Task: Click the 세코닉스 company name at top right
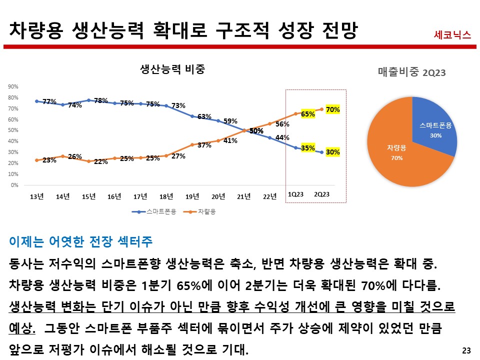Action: [x=452, y=35]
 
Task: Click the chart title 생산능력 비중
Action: [x=172, y=69]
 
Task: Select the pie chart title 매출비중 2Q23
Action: [x=411, y=72]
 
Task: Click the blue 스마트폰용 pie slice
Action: [x=432, y=125]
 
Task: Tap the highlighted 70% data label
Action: [x=333, y=109]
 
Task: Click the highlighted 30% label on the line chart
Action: [x=333, y=152]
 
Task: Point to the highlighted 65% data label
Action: [x=308, y=114]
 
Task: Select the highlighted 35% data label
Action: [x=308, y=148]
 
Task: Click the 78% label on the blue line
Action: [x=101, y=100]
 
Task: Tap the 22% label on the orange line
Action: [x=101, y=162]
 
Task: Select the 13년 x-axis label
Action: [x=37, y=196]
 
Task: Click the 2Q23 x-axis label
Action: [x=321, y=194]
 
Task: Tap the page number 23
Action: [x=466, y=350]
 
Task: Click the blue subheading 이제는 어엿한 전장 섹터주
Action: [x=81, y=242]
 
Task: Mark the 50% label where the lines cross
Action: [x=256, y=131]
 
